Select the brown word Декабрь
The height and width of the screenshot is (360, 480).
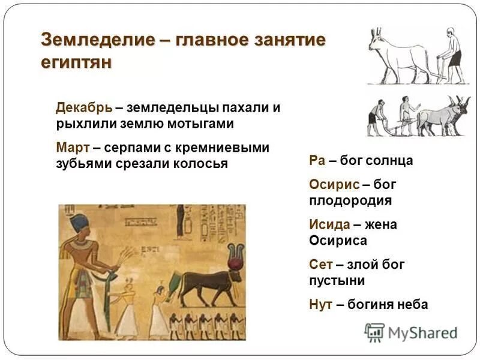coord(83,108)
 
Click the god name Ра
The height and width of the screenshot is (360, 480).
coord(317,161)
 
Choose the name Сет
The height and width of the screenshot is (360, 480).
coord(321,264)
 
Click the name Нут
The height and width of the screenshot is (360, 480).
coord(321,304)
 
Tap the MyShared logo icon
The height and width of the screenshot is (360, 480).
coord(374,332)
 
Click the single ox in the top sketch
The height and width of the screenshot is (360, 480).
coord(396,57)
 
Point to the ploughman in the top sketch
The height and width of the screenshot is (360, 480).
coord(452,54)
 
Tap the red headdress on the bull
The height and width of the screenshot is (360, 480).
coord(235,255)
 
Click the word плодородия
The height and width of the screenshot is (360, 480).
coord(350,200)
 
